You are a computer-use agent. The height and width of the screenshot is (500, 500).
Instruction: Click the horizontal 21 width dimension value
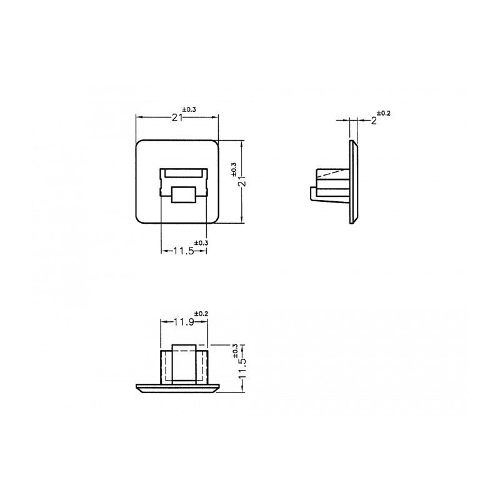[x=177, y=118]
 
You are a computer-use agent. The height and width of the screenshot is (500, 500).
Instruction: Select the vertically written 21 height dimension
[x=243, y=182]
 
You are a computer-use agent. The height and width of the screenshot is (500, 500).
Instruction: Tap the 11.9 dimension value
[x=184, y=322]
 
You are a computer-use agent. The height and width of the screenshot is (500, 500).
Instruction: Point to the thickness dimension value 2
[x=374, y=121]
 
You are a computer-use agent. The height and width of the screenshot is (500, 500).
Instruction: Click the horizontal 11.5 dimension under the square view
[x=184, y=251]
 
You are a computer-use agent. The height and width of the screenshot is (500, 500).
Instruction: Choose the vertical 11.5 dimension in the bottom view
[x=243, y=368]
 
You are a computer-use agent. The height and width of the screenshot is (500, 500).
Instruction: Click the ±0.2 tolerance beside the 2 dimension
[x=384, y=113]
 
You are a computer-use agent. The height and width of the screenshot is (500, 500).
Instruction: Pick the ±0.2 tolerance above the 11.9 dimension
[x=201, y=314]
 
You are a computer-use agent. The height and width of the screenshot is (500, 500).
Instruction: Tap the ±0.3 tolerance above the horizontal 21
[x=189, y=109]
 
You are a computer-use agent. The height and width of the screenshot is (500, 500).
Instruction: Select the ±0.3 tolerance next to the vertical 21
[x=234, y=169]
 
